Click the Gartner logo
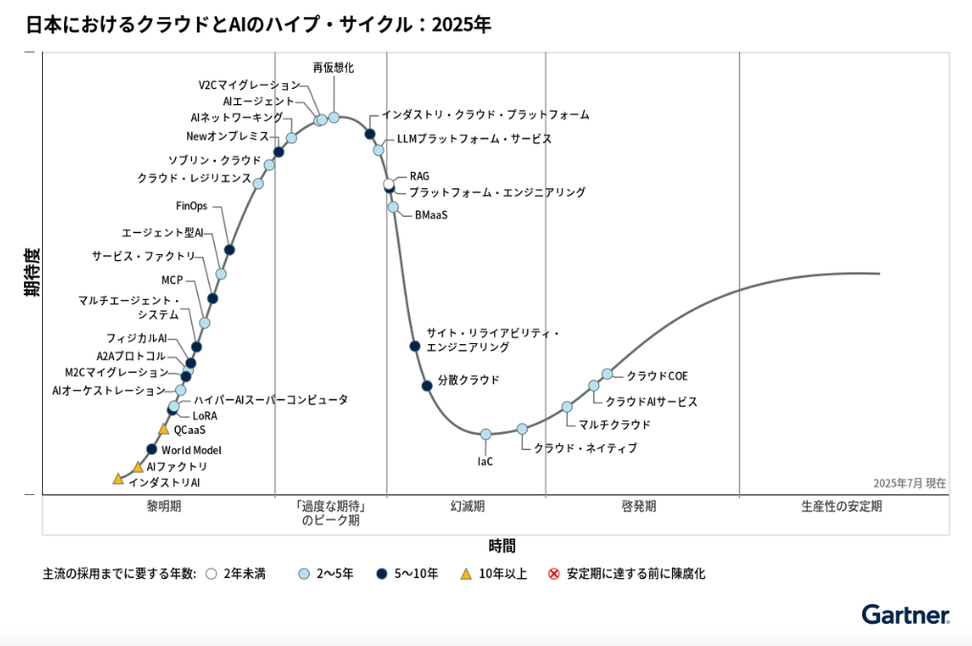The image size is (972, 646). coord(904,614)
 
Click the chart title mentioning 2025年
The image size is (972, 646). coord(259,24)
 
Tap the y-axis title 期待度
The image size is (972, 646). coord(32,272)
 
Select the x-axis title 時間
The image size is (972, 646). coord(501,546)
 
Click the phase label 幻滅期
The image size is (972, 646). coord(467,506)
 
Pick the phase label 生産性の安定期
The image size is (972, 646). coord(841,506)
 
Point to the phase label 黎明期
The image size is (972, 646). coord(164,506)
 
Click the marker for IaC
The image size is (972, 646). coord(486,434)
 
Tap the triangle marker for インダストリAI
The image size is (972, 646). coord(118,479)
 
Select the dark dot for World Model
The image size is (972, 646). coord(151,449)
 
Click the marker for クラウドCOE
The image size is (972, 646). coord(607,374)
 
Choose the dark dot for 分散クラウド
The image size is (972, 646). coord(427,385)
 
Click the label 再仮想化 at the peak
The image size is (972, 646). coord(334,68)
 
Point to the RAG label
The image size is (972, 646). coord(420,176)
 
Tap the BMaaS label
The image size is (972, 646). coord(431,215)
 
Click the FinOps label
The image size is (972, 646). coord(191,205)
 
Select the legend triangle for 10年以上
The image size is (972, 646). coord(466,574)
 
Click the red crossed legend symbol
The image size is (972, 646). coord(553,574)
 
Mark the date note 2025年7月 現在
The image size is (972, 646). coord(909,484)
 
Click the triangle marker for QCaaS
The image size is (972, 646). coord(163,429)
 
